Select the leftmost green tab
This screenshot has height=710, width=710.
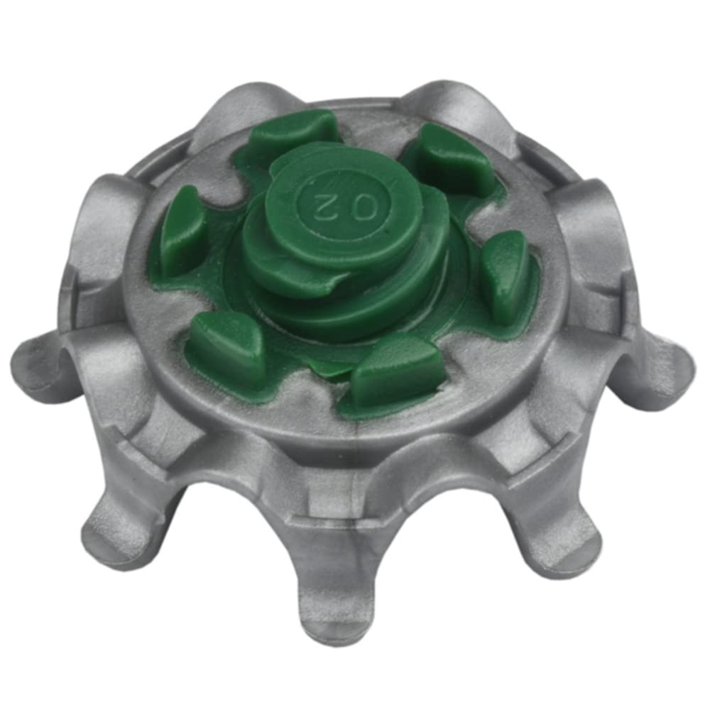click(x=181, y=231)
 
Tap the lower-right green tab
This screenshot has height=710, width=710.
click(x=396, y=371)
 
